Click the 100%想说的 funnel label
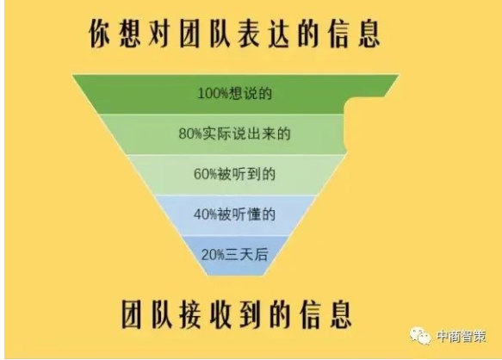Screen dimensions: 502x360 coord(235,94)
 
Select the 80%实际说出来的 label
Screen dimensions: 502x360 coord(235,133)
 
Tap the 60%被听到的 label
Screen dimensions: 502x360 coord(235,174)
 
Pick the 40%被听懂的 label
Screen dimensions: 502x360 coord(235,214)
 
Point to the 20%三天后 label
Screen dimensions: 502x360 coord(235,255)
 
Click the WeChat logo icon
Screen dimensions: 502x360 coord(420,336)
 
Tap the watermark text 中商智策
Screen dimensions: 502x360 coord(462,336)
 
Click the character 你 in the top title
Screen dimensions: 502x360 coord(99,34)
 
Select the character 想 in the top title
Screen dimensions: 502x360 coord(129,34)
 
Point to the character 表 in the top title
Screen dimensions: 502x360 coord(249,34)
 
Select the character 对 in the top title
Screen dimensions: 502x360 coord(159,34)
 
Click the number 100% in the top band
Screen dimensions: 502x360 coord(212,94)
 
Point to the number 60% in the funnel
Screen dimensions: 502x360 coord(205,175)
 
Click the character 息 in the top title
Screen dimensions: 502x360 coord(369,34)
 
